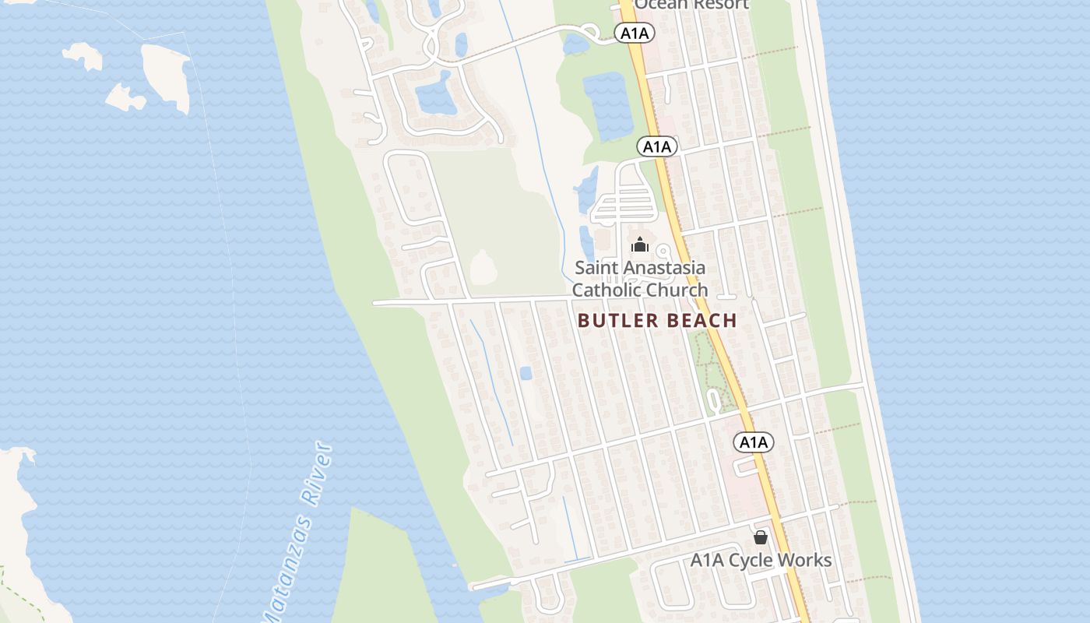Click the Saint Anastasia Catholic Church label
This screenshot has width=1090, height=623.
(640, 279)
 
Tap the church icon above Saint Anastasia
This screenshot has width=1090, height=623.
(640, 245)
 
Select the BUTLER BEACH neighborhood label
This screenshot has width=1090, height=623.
(657, 320)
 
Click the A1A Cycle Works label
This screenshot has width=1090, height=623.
(761, 560)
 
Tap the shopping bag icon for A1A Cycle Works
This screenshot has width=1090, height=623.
(761, 537)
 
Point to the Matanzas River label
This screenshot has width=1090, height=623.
(297, 533)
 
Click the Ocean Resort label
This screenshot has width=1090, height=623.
(691, 4)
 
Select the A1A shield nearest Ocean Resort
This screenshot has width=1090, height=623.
(634, 33)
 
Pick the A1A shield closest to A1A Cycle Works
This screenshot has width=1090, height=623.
(753, 442)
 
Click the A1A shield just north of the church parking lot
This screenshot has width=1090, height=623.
(656, 146)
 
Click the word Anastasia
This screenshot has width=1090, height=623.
(659, 268)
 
